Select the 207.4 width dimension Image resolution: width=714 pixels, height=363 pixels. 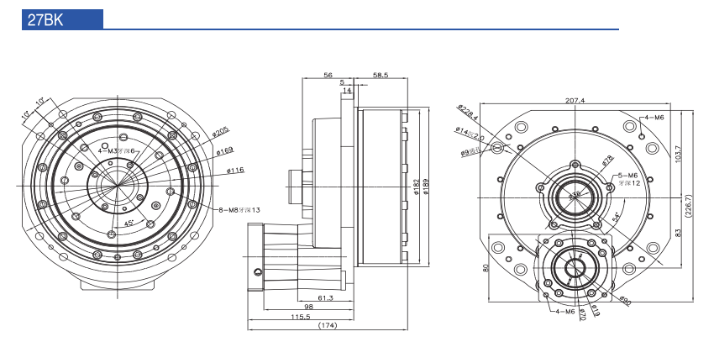575,101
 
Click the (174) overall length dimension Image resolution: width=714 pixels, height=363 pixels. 327,326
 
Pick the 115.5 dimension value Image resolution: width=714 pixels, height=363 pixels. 300,317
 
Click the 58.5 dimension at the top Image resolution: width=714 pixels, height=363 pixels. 380,75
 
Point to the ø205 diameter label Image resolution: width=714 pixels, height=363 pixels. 221,131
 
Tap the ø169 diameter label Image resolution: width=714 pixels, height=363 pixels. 224,151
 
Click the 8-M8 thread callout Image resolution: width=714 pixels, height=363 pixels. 239,209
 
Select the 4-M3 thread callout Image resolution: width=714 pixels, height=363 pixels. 116,150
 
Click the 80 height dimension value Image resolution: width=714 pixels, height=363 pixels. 485,269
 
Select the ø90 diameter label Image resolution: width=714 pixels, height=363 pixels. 625,298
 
